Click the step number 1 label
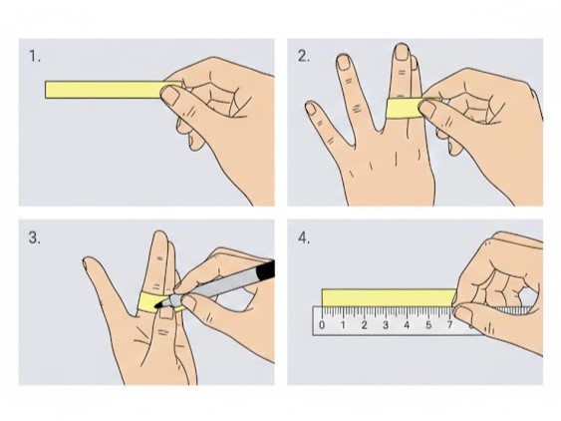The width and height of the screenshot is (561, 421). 35,56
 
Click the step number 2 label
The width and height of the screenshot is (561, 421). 304,56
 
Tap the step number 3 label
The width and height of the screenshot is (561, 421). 35,237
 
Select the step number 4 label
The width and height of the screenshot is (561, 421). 304,237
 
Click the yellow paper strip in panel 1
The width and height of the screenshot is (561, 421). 104,90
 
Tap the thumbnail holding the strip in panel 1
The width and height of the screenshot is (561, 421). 170,96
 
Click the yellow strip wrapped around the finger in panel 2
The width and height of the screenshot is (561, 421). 405,108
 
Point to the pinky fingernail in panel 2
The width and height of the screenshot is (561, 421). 311,109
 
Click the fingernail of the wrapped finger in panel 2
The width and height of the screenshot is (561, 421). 402,53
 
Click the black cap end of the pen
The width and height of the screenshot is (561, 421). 265,270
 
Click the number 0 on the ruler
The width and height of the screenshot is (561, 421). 322,325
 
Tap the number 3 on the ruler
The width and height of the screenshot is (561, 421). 386,325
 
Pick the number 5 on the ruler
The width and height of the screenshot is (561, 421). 428,325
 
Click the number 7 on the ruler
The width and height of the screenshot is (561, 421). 449,325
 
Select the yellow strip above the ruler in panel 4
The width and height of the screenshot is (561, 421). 390,297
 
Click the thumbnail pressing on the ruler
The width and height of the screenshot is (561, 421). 464,314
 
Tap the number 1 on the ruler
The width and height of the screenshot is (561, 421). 343,325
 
